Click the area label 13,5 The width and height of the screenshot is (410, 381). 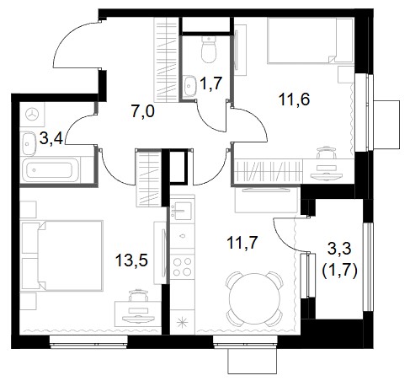131,260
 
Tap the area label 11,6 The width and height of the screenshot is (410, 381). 294,99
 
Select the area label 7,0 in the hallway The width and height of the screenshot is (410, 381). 142,111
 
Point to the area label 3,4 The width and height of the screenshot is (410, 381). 51,138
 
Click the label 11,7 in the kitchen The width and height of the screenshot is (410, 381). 242,243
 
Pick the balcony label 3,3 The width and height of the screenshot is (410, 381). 339,249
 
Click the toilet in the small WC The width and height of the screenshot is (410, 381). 209,50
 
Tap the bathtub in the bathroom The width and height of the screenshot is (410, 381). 51,170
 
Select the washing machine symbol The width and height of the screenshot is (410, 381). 32,115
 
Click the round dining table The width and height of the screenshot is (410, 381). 254,299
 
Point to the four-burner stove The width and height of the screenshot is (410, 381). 182,266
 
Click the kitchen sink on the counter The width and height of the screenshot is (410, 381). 182,211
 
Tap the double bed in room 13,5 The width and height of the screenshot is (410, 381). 62,255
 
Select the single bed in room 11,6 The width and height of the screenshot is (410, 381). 310,40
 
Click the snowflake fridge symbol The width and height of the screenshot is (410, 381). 183,322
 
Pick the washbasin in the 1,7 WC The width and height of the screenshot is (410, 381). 190,86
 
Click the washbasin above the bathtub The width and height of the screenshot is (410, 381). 29,143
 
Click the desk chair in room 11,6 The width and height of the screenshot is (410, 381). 326,153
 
